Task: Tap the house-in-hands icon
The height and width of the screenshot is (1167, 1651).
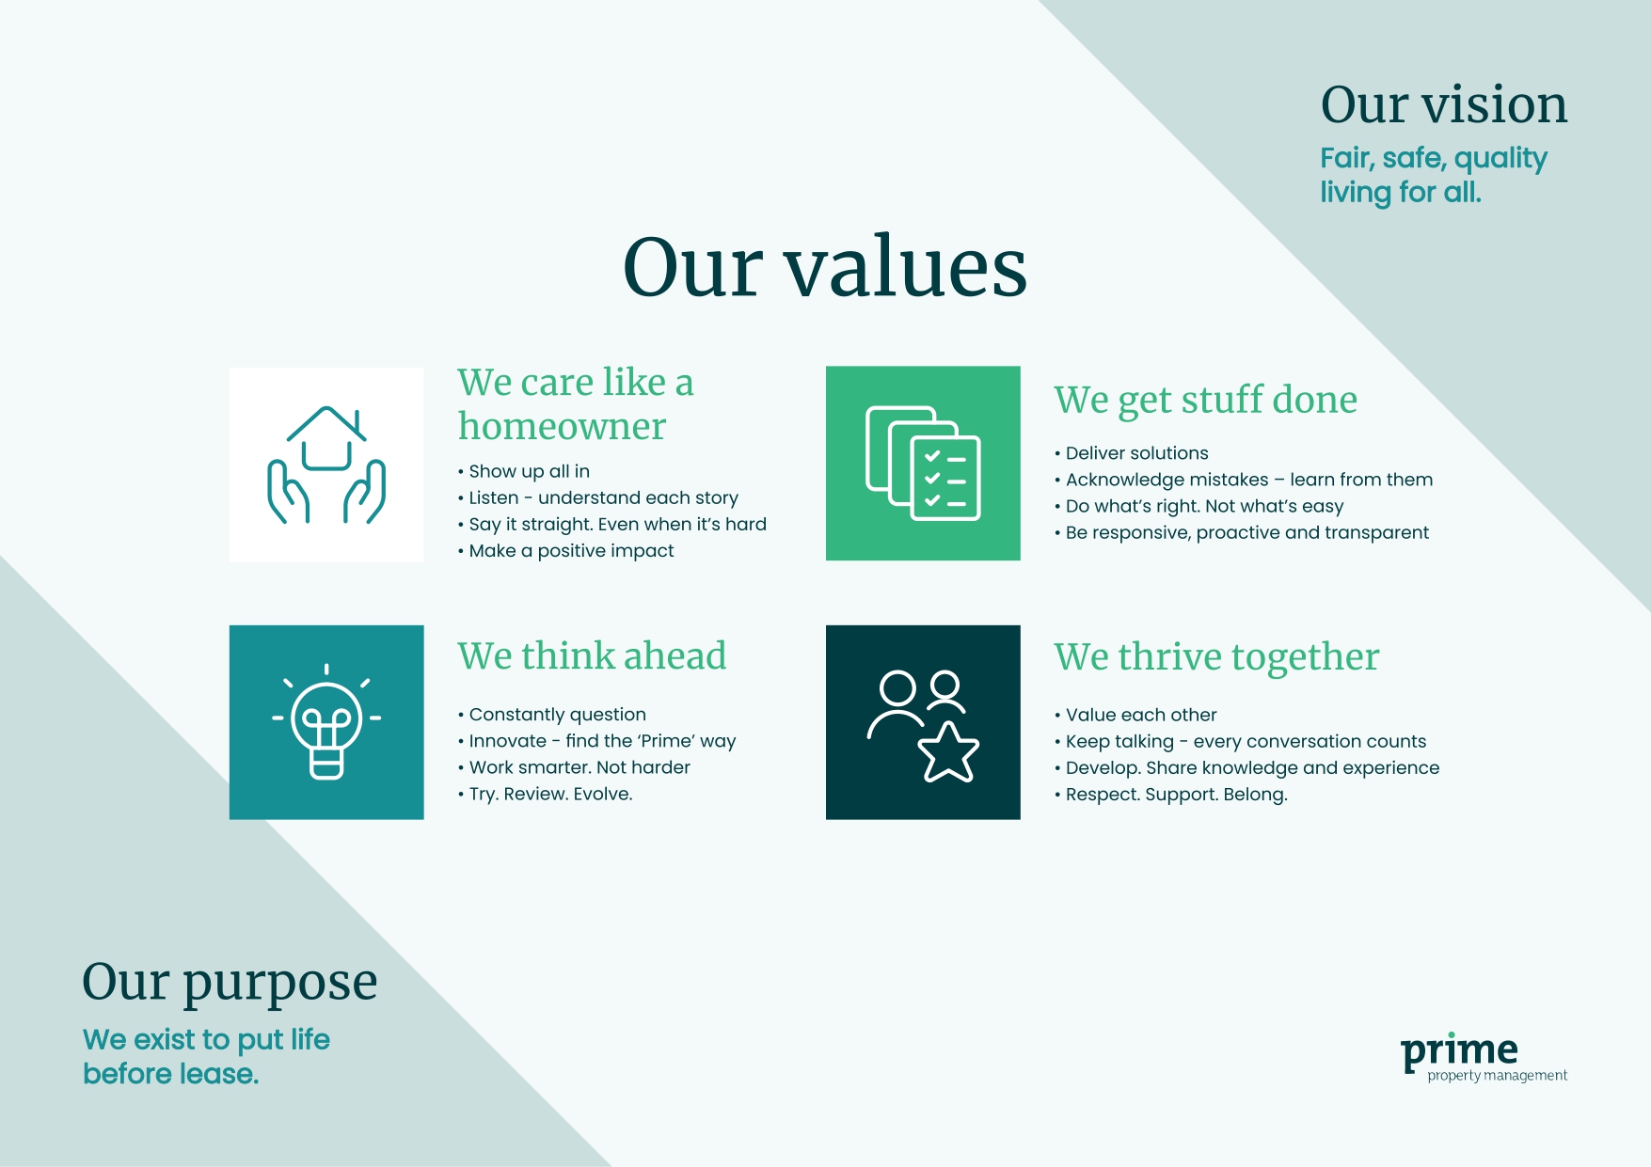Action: tap(326, 465)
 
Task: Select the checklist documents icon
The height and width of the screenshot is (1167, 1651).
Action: tap(923, 464)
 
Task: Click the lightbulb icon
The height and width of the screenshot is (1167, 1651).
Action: tap(326, 722)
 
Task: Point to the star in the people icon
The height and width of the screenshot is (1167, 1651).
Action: tap(948, 753)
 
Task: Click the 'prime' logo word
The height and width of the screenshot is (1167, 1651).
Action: tap(1459, 1050)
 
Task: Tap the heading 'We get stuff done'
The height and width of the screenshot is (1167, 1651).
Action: tap(1205, 400)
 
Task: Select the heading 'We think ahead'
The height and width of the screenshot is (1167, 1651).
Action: tap(592, 656)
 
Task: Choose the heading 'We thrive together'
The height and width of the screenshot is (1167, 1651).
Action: tap(1216, 657)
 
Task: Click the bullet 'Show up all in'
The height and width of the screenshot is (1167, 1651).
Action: tap(529, 471)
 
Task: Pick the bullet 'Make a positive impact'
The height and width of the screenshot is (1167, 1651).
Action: tap(571, 551)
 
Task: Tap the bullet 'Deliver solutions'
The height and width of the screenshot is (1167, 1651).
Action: tap(1136, 453)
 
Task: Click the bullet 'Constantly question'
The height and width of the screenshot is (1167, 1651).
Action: tap(557, 715)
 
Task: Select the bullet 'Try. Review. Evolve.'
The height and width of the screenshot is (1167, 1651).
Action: tap(550, 794)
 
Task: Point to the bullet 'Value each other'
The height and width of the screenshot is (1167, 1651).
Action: tap(1140, 715)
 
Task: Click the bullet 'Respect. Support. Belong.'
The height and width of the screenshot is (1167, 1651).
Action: tap(1176, 795)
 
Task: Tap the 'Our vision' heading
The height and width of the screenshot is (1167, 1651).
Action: tap(1444, 104)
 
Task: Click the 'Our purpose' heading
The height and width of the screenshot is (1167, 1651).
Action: tap(230, 983)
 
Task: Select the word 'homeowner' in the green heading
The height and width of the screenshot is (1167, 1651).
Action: tap(562, 427)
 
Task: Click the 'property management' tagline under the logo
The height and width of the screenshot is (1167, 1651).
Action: tap(1497, 1076)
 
